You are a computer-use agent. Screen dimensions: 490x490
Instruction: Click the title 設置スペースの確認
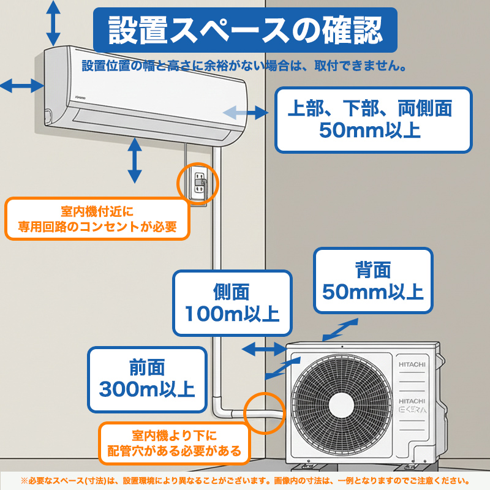[x=245, y=29]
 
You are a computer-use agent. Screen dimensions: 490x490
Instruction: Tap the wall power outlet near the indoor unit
[x=198, y=183]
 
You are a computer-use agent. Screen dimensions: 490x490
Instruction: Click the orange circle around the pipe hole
[x=265, y=413]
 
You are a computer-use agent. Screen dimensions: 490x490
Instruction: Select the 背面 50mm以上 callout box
[x=373, y=281]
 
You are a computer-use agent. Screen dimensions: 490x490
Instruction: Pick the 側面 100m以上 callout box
[x=232, y=303]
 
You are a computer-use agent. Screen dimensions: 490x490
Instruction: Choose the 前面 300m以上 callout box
[x=146, y=379]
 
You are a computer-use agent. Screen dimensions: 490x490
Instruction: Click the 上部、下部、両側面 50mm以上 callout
[x=373, y=119]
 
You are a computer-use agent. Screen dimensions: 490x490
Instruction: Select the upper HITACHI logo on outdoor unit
[x=412, y=365]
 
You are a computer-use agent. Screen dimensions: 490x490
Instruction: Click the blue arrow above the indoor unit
[x=54, y=20]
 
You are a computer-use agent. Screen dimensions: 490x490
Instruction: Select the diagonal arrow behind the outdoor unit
[x=340, y=328]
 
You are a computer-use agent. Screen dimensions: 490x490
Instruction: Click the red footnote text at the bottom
[x=245, y=480]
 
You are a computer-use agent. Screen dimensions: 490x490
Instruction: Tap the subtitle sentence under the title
[x=245, y=65]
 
